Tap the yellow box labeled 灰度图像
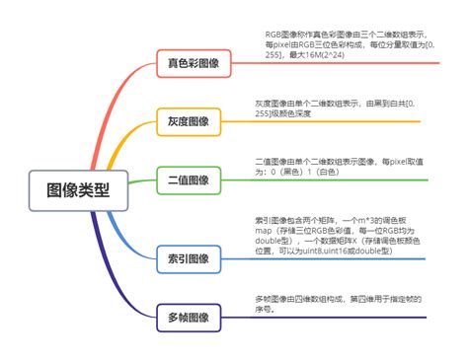click(x=183, y=122)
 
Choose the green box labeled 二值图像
click(x=183, y=180)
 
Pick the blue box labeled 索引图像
click(x=183, y=258)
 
